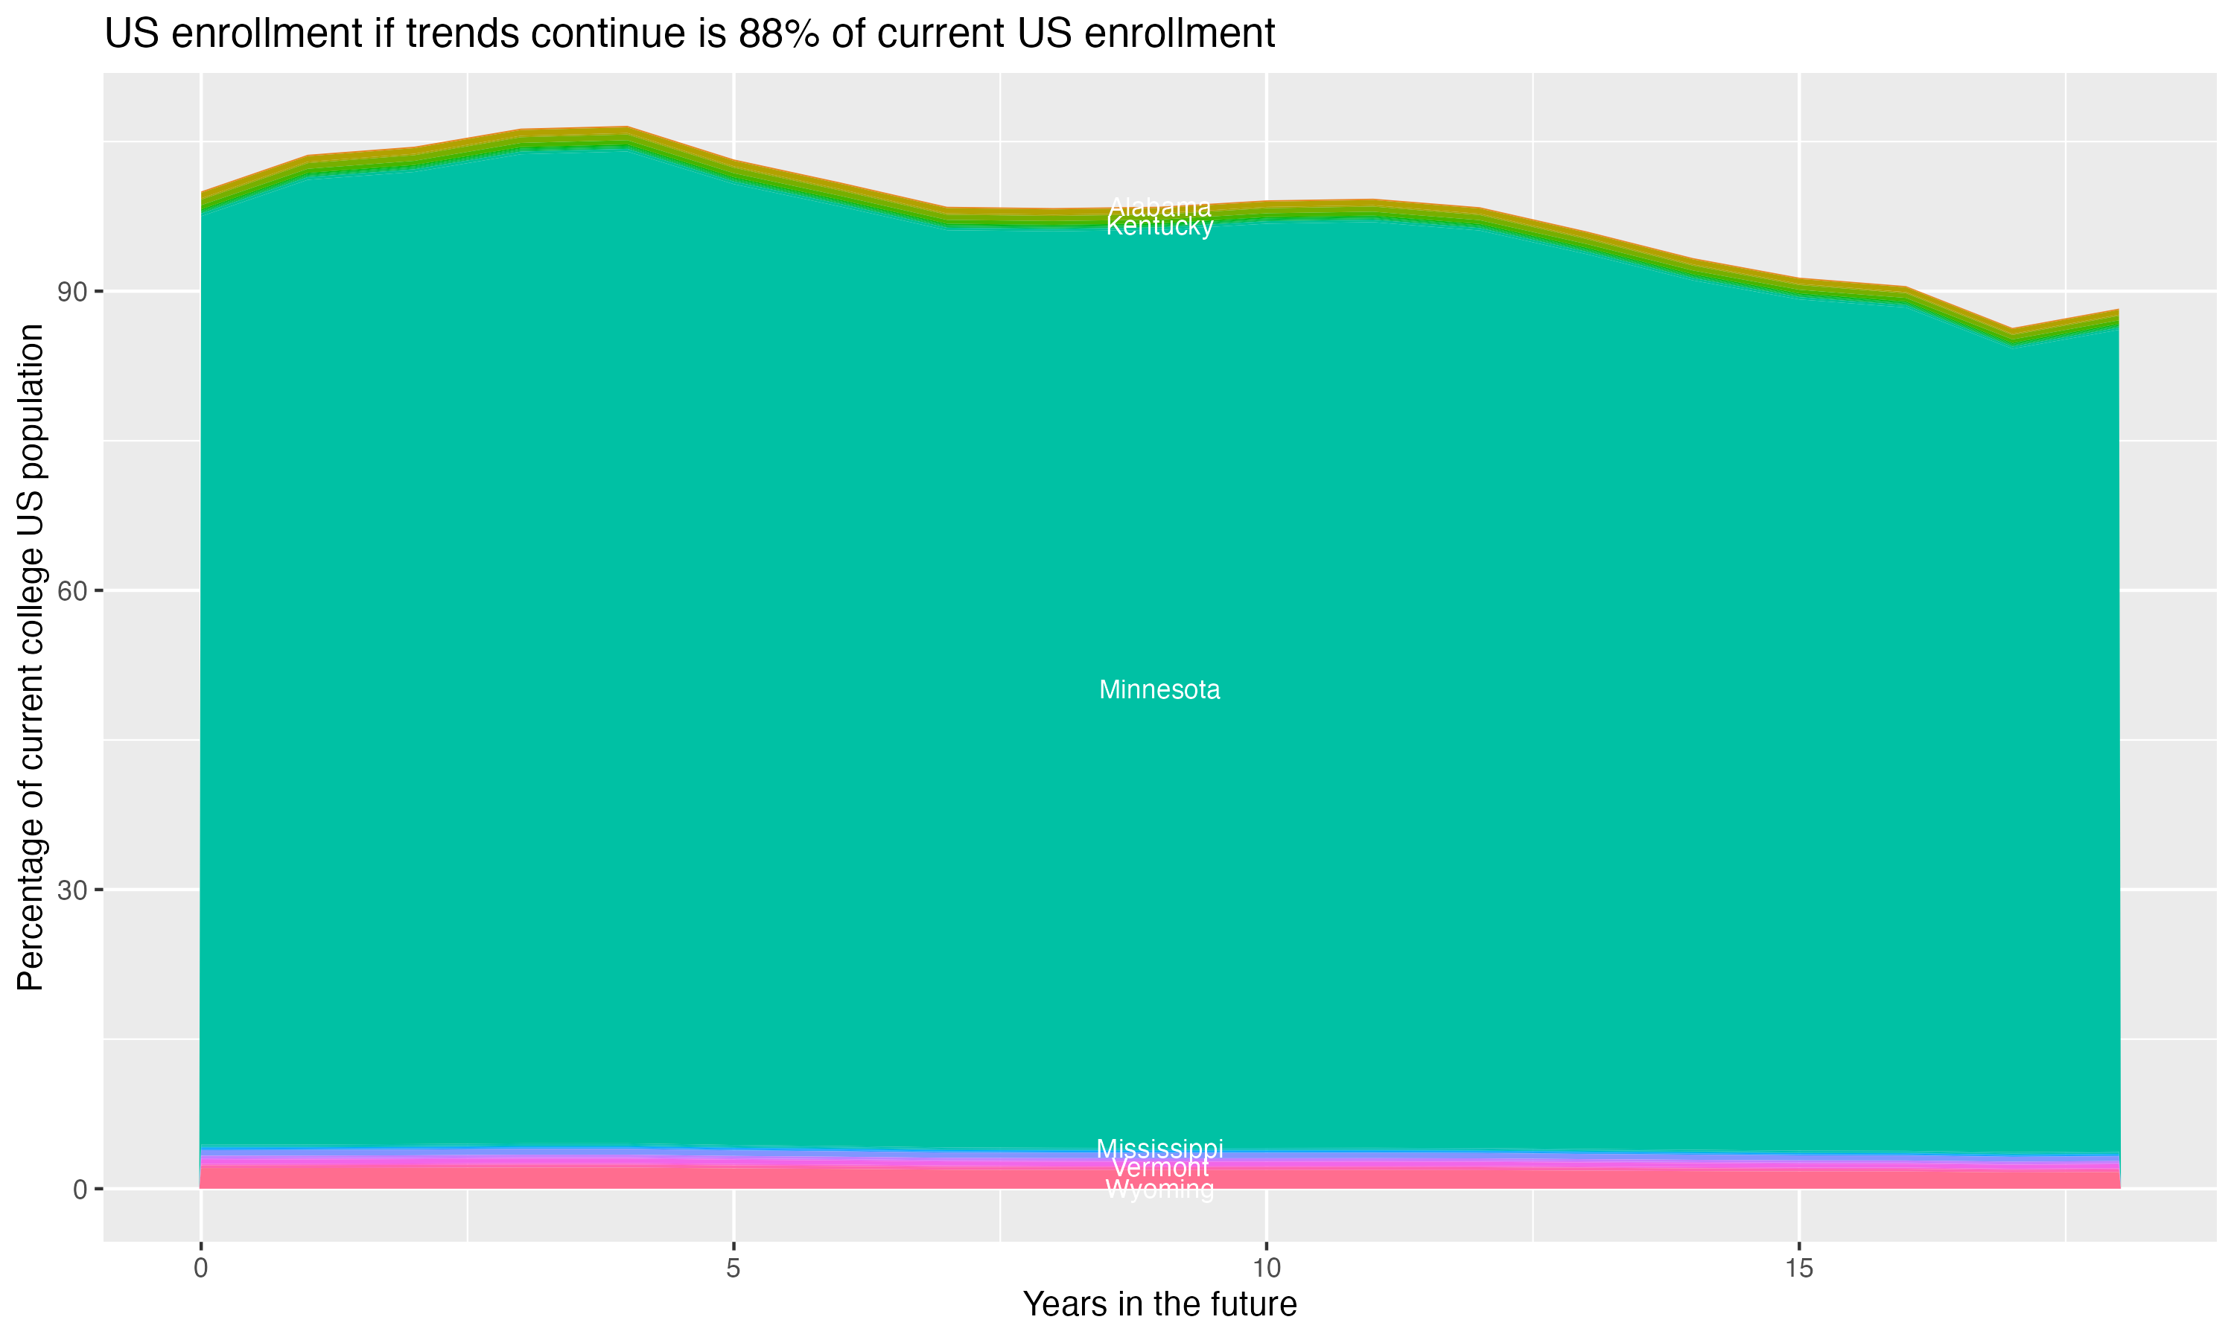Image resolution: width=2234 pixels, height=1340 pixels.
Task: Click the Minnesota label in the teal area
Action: pyautogui.click(x=1159, y=690)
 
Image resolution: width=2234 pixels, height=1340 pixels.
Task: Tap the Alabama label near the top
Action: pyautogui.click(x=1159, y=207)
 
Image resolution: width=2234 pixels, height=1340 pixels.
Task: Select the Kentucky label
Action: pyautogui.click(x=1159, y=226)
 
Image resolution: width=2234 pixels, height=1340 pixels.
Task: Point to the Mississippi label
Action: pyautogui.click(x=1159, y=1149)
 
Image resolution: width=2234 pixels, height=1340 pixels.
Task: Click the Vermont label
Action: pyautogui.click(x=1159, y=1167)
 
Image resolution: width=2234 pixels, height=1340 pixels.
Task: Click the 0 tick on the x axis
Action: pyautogui.click(x=200, y=1269)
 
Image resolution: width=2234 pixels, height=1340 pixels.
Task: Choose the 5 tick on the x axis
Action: pyautogui.click(x=733, y=1269)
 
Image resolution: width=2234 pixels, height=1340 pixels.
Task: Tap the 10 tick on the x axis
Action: pyautogui.click(x=1266, y=1269)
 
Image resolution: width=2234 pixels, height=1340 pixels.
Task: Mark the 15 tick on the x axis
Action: pyautogui.click(x=1799, y=1269)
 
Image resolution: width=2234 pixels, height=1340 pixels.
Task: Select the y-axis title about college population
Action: pyautogui.click(x=31, y=657)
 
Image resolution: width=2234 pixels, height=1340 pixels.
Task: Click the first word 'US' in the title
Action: pyautogui.click(x=132, y=34)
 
